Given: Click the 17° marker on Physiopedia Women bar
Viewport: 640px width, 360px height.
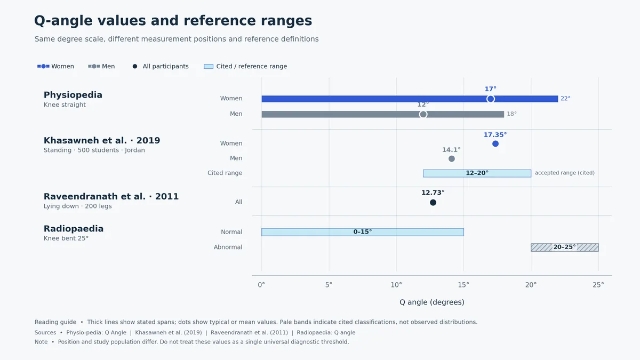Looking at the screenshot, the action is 491,99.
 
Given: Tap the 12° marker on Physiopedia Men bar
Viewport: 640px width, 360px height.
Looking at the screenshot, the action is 423,114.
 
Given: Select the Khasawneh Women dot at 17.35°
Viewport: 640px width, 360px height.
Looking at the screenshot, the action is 495,143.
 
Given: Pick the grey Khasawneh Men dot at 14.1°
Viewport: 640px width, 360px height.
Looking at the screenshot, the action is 451,158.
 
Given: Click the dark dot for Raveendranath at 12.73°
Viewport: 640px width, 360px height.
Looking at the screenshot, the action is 433,203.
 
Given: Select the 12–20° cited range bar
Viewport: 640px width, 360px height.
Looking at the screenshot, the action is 477,173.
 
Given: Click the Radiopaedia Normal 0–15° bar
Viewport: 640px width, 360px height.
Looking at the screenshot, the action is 363,232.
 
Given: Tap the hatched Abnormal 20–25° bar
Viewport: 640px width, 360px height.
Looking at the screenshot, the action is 565,247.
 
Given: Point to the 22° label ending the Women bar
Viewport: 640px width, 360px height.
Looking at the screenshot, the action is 565,99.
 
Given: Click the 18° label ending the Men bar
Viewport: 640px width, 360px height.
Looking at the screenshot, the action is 511,114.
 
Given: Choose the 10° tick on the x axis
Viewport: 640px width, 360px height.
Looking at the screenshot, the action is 396,285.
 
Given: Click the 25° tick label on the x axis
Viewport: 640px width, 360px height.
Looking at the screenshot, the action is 598,285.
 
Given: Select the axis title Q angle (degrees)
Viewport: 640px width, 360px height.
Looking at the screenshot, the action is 431,302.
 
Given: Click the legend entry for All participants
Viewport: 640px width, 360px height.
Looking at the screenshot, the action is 161,66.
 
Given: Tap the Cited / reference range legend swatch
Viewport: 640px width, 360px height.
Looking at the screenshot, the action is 209,67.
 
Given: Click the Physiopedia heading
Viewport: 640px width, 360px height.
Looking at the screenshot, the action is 73,95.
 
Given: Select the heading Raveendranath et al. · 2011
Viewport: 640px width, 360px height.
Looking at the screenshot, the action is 111,197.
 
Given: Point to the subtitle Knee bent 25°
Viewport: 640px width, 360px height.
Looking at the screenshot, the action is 66,238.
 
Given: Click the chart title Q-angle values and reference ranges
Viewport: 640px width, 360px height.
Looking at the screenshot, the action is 173,21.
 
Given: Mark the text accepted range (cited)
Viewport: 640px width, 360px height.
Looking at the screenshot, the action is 565,173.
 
